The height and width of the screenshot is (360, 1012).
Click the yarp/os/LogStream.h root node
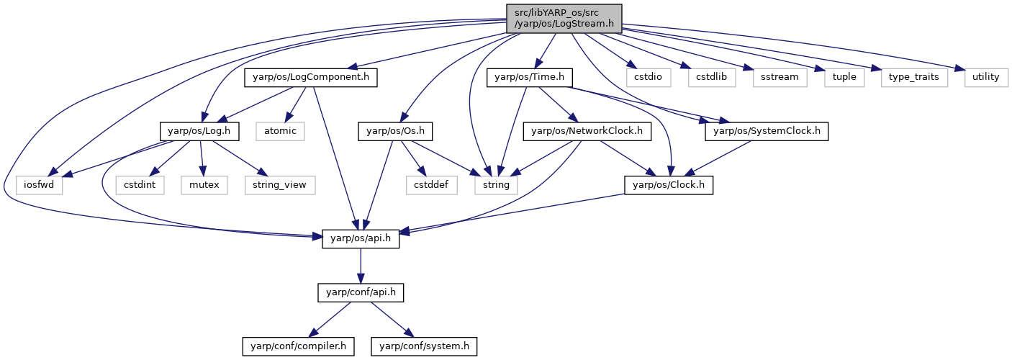564,19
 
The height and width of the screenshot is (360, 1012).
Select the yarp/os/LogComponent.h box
311,78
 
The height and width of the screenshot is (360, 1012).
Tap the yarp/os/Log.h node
199,132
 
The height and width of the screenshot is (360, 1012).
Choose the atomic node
280,132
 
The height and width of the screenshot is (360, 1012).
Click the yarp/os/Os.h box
395,132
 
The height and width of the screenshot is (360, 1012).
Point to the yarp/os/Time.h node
530,78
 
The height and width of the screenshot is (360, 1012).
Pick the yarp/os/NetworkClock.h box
587,132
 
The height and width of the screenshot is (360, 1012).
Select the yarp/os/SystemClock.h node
767,132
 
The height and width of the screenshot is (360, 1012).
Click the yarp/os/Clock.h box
669,185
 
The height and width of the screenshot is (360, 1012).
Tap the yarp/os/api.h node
361,238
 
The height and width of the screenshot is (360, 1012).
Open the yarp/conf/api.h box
361,293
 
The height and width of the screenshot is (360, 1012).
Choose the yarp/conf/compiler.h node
298,346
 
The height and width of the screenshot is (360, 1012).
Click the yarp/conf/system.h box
424,346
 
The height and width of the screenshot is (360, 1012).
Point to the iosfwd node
39,185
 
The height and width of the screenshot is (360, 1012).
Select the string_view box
280,185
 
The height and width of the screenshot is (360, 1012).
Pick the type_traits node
914,78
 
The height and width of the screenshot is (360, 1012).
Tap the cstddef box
431,185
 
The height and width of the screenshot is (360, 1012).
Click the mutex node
204,185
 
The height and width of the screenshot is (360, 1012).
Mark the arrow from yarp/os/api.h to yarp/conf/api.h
361,266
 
